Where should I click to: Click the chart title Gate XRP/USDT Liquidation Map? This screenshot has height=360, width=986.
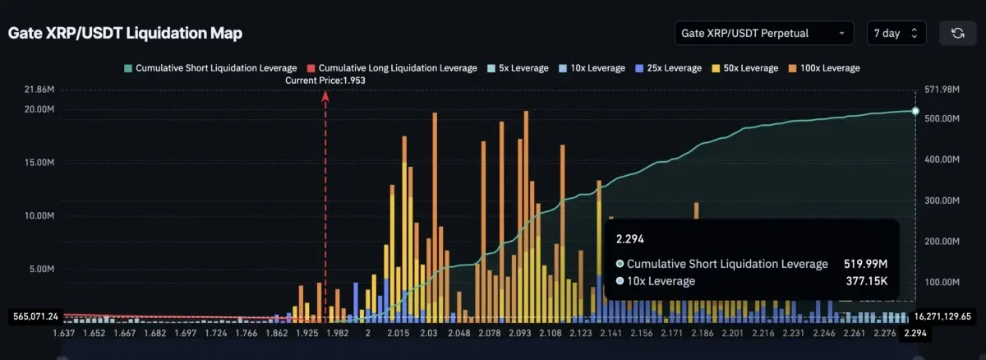tap(125, 33)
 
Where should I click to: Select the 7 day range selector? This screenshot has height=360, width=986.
tap(896, 33)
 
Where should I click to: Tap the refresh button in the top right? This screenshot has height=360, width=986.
tap(957, 33)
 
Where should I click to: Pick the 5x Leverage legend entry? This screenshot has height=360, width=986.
tap(518, 67)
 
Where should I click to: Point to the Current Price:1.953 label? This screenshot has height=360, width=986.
tap(325, 81)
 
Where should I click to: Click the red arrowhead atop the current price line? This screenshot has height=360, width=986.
tap(325, 97)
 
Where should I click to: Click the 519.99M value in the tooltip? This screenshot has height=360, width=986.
tap(866, 264)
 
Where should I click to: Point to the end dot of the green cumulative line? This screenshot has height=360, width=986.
tap(915, 111)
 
